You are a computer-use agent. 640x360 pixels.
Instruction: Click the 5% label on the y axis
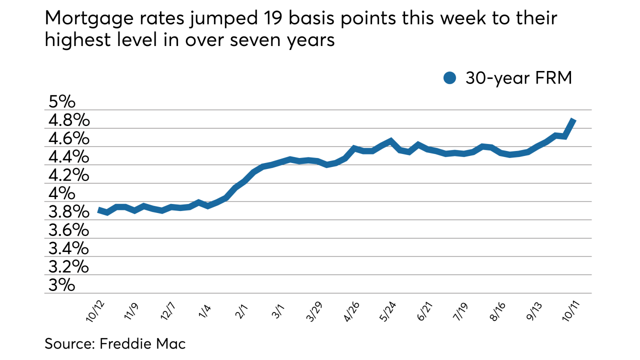(x=61, y=102)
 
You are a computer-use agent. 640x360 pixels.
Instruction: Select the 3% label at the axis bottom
(x=61, y=285)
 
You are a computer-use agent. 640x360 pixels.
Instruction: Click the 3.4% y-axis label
(x=68, y=248)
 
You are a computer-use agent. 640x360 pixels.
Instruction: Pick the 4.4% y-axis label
(x=68, y=157)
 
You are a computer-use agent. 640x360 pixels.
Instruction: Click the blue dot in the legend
(x=450, y=78)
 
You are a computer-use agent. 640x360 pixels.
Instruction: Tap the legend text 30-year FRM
(x=518, y=78)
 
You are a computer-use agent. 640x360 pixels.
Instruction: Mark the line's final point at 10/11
(x=574, y=120)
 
